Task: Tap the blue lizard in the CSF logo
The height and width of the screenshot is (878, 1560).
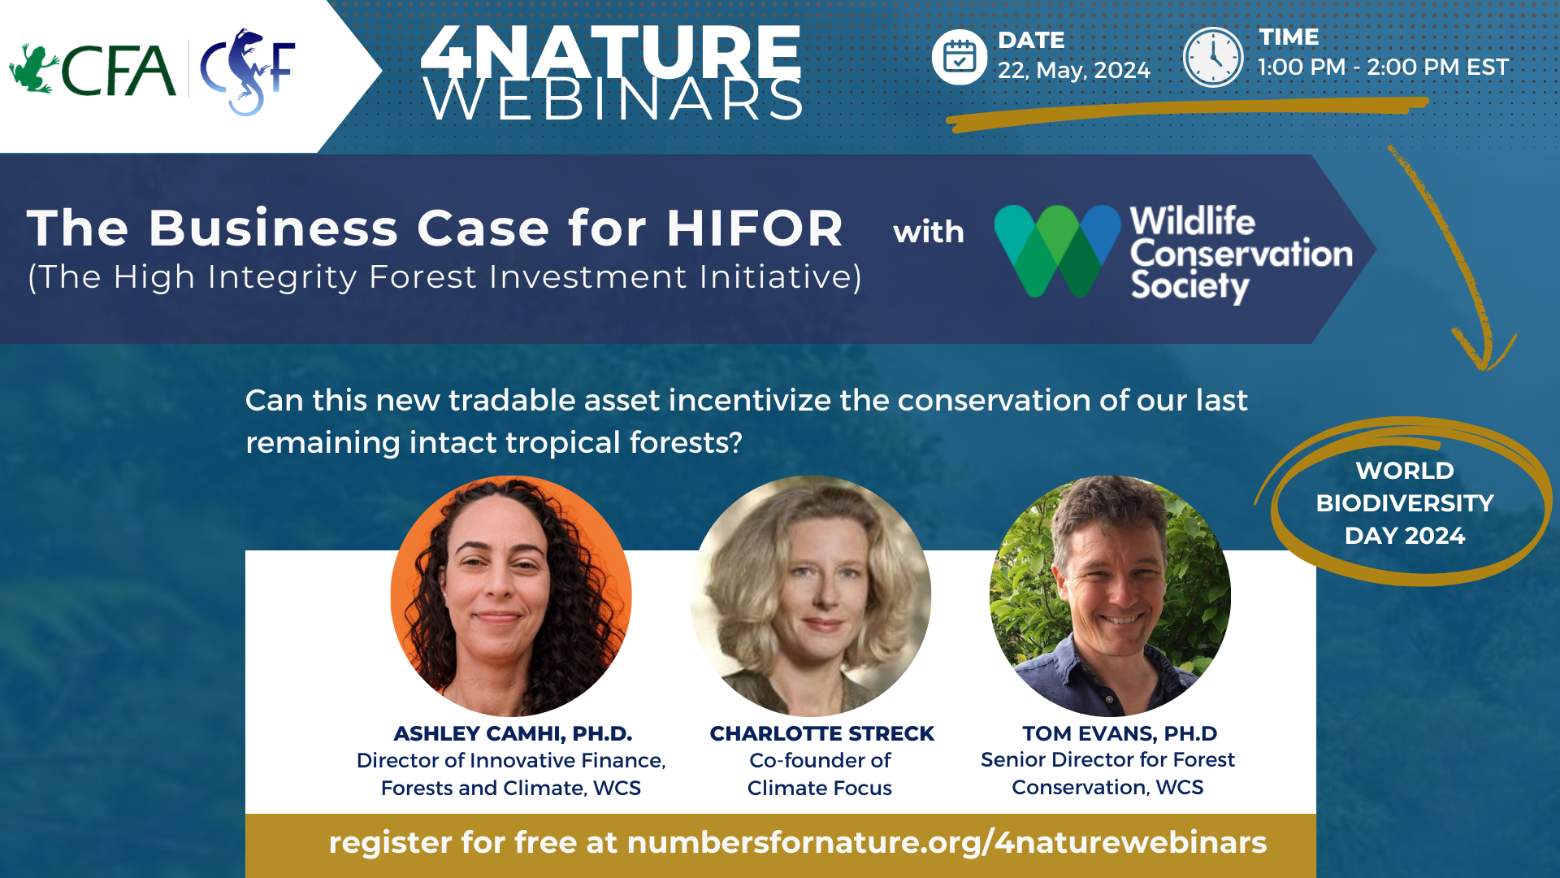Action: (x=247, y=72)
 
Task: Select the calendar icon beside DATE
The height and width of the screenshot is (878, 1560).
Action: (x=960, y=57)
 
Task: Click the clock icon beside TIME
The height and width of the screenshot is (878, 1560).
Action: (x=1213, y=57)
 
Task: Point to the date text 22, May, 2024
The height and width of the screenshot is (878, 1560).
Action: (x=1074, y=70)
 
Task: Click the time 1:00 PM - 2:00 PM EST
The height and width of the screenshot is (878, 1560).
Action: (x=1383, y=67)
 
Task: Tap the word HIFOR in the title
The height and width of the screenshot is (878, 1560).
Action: (x=755, y=228)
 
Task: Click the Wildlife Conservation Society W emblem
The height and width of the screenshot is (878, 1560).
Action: (x=1058, y=250)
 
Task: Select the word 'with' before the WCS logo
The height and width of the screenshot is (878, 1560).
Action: (x=929, y=232)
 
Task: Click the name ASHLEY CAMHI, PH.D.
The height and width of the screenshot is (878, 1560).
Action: (x=513, y=733)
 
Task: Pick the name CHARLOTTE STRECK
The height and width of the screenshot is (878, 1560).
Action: (x=822, y=733)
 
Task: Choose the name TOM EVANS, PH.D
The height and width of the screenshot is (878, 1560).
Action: (x=1120, y=733)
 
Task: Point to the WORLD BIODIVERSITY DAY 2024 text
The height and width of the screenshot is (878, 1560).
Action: (x=1405, y=503)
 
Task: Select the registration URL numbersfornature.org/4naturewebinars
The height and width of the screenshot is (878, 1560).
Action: (x=947, y=843)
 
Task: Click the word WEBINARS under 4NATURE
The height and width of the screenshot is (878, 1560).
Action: (x=613, y=100)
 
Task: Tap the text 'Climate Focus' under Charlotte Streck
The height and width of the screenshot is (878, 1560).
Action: (x=820, y=788)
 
